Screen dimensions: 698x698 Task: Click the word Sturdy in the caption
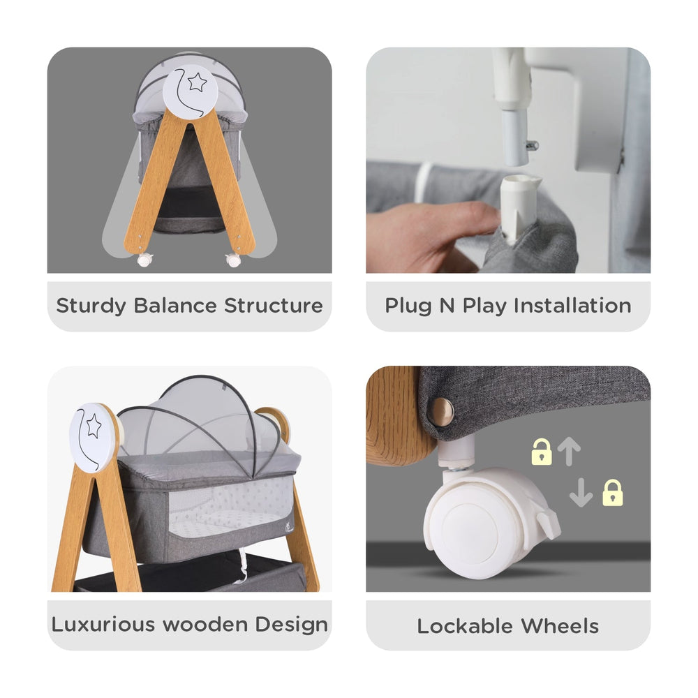point(91,306)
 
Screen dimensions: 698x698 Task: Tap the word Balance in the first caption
point(175,306)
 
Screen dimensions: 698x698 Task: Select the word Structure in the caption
point(274,306)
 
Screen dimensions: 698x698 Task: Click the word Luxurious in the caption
point(104,624)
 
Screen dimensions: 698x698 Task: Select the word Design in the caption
point(292,625)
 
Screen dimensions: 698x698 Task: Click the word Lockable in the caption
point(465,626)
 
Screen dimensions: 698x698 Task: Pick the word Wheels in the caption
point(560,626)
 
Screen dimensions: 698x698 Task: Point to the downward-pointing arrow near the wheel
point(581,493)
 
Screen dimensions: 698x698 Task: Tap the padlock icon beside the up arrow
point(542,452)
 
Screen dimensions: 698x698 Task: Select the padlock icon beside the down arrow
point(613,493)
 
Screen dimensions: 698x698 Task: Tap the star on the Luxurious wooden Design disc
point(94,426)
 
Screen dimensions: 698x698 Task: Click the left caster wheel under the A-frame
point(144,260)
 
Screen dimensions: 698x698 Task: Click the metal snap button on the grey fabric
point(440,411)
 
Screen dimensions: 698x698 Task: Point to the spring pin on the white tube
point(532,145)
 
